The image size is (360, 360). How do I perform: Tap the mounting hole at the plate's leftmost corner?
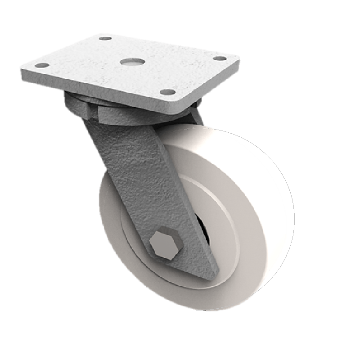point(41,66)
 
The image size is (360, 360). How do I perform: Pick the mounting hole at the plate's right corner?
point(219,58)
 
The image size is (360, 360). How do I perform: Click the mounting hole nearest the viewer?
point(167,92)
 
